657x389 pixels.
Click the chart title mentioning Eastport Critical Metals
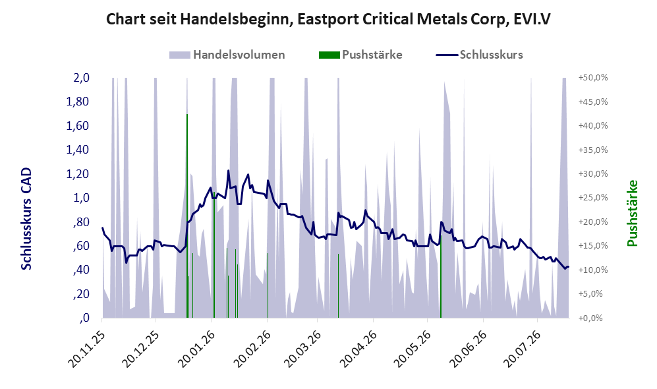point(328,19)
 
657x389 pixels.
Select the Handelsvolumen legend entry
point(227,55)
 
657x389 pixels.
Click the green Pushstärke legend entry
point(360,55)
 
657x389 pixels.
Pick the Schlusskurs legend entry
point(479,55)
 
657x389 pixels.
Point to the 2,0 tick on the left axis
point(81,78)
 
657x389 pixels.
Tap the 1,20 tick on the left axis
point(78,173)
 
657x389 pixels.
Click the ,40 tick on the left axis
point(80,270)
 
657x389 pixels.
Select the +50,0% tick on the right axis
point(593,78)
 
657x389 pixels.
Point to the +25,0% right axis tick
point(593,197)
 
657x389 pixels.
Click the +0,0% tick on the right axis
point(591,318)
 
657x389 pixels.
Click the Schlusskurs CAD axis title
point(26,219)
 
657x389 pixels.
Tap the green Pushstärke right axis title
point(632,214)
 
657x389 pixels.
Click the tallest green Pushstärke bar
point(187,216)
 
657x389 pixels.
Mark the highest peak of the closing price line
point(229,170)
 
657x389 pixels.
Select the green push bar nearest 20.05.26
point(441,277)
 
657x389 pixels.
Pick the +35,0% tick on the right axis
point(593,150)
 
